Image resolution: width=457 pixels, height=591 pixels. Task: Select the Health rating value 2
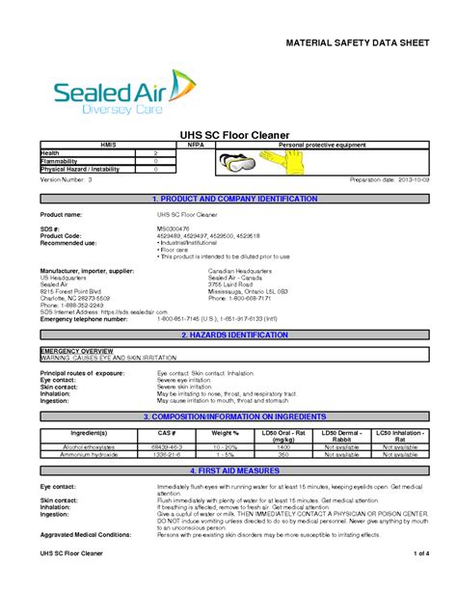155,153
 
